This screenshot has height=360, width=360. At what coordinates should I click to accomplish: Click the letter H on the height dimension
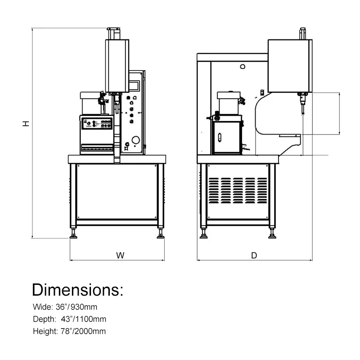tap(27, 122)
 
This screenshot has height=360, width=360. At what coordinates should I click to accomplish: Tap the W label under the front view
tap(120, 255)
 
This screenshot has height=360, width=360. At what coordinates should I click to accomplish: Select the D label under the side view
tap(254, 255)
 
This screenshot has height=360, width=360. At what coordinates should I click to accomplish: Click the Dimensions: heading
tap(77, 289)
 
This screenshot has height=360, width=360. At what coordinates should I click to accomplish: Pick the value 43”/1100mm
tap(85, 319)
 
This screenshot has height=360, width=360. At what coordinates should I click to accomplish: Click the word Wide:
tap(43, 307)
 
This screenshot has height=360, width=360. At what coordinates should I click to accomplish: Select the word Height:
tap(45, 332)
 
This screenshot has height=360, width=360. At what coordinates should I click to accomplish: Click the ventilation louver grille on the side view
tap(238, 190)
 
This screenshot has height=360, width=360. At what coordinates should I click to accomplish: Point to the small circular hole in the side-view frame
tap(243, 67)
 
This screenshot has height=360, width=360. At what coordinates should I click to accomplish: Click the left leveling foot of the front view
tap(72, 234)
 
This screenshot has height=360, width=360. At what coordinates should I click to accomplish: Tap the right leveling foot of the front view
tap(160, 234)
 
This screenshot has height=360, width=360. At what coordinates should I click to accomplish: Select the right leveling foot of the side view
tap(272, 234)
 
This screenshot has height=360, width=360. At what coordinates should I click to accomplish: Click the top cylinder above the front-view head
tap(113, 33)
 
